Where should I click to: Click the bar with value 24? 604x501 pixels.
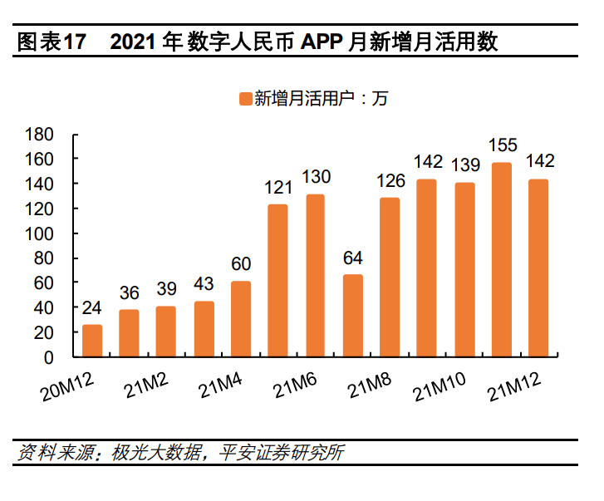(92, 341)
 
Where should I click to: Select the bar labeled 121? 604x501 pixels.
(277, 281)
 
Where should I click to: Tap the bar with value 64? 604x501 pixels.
(353, 316)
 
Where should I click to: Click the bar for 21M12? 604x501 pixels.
(538, 268)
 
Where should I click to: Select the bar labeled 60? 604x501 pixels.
(241, 319)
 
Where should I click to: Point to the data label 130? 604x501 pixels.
(315, 177)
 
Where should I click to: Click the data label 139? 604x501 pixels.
(464, 165)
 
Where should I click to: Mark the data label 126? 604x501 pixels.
(390, 180)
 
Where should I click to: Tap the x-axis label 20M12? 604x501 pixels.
(69, 385)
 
